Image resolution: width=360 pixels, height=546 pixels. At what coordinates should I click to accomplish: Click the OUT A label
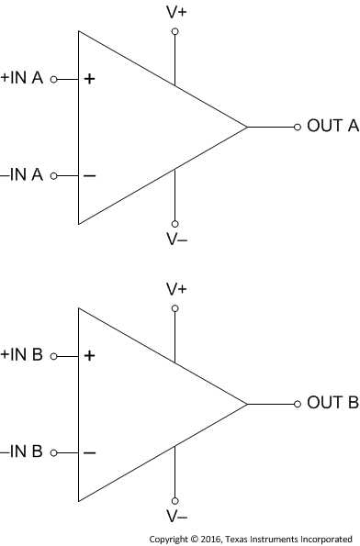coord(332,127)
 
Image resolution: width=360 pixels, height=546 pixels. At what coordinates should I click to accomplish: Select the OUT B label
coord(332,403)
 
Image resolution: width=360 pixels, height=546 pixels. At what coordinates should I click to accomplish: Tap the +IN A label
coord(22,78)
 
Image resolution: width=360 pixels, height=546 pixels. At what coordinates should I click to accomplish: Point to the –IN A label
coord(22,174)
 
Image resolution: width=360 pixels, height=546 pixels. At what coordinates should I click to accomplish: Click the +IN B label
coord(22,354)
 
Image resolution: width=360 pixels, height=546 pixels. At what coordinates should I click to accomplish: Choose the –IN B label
coord(22,451)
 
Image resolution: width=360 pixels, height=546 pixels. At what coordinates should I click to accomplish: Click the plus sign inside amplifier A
coord(89,79)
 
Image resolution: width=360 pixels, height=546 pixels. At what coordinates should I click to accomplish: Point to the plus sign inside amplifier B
coord(89,355)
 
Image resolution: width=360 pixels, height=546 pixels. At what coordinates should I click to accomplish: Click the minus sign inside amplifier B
coord(89,452)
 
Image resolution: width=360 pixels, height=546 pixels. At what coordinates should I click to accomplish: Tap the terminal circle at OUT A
coord(297,127)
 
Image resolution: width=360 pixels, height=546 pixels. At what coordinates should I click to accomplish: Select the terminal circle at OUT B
coord(297,403)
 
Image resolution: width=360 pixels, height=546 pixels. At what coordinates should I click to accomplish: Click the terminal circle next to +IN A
coord(53,79)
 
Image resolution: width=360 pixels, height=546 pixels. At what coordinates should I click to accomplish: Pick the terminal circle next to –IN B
coord(53,452)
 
